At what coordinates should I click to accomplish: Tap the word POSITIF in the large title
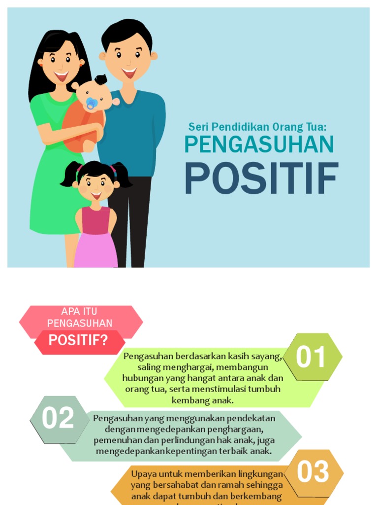261,179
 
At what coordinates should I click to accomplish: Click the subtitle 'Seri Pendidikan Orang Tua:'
258,127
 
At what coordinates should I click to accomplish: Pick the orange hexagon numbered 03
313,472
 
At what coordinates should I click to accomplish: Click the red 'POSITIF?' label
78,340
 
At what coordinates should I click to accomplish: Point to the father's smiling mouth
129,73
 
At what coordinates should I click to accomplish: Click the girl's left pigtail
70,176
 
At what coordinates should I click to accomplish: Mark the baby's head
93,94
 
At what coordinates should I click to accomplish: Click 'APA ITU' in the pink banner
79,311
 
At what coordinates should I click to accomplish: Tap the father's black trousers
130,217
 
